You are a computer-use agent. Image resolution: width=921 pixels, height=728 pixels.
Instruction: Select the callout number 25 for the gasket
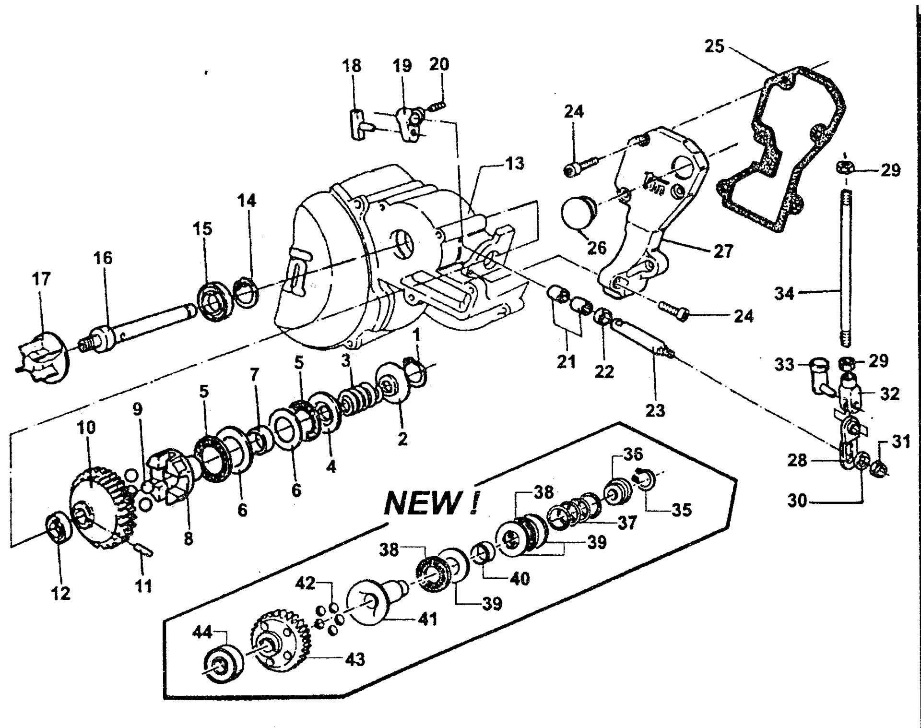tap(714, 47)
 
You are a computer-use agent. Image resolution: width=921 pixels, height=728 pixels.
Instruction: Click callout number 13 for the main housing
tap(515, 164)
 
